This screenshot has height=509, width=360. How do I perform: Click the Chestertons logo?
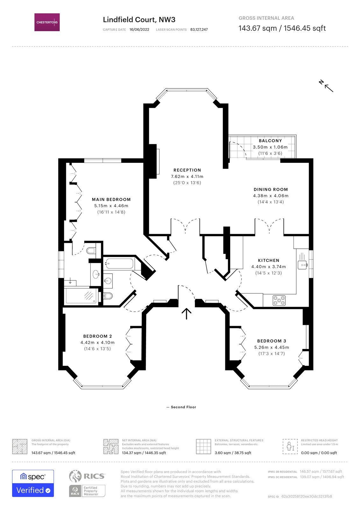tap(47, 22)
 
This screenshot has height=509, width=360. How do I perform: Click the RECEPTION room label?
tap(187, 170)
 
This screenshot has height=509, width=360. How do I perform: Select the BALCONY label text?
tap(270, 141)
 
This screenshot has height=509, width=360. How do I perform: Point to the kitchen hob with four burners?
tap(279, 300)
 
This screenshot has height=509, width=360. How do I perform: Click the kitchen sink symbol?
tap(302, 264)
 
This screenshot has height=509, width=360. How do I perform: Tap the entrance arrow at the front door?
tap(186, 313)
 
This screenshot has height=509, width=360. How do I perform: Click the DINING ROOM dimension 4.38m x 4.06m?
tap(271, 196)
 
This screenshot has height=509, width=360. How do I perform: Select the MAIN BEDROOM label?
tap(111, 199)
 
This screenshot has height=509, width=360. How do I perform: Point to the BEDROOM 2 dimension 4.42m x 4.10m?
tap(97, 343)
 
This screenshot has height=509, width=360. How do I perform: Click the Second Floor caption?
tap(183, 407)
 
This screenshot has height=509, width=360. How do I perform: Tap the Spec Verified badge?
tap(33, 483)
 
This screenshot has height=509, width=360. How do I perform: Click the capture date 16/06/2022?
tap(139, 30)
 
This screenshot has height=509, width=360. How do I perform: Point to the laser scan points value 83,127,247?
tap(199, 30)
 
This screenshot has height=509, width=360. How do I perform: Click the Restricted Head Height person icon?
tap(290, 446)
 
